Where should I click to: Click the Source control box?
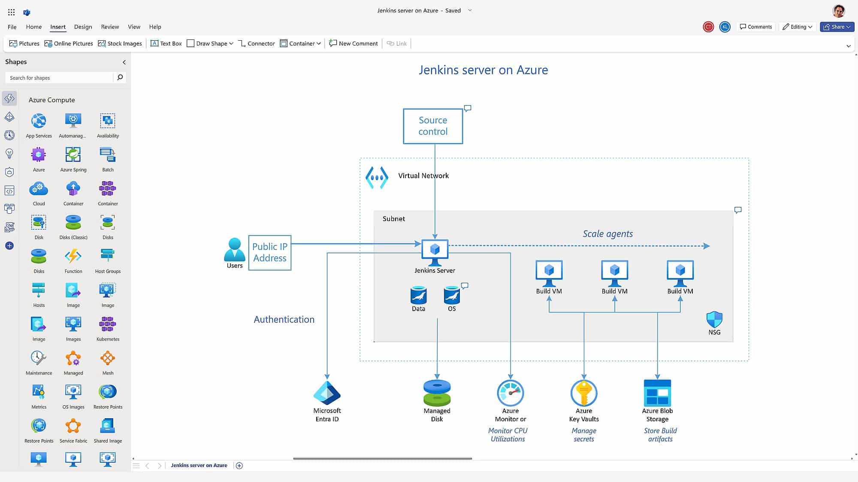click(x=433, y=126)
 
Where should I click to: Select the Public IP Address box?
click(x=269, y=252)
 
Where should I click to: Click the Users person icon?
click(x=234, y=249)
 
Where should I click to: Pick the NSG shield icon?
click(x=714, y=320)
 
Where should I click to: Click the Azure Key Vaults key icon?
click(x=583, y=392)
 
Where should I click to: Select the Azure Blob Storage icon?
click(x=657, y=392)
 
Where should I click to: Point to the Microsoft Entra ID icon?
click(x=327, y=392)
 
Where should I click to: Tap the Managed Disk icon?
click(x=437, y=392)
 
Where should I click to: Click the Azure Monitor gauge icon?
click(x=510, y=392)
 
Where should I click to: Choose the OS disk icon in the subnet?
click(x=452, y=295)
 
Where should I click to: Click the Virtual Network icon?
click(x=377, y=177)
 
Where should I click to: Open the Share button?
click(x=837, y=27)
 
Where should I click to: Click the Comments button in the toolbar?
click(x=756, y=27)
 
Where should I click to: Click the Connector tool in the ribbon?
click(x=257, y=43)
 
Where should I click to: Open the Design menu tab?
click(x=83, y=27)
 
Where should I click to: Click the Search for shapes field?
click(x=60, y=78)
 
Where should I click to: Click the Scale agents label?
click(x=607, y=234)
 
